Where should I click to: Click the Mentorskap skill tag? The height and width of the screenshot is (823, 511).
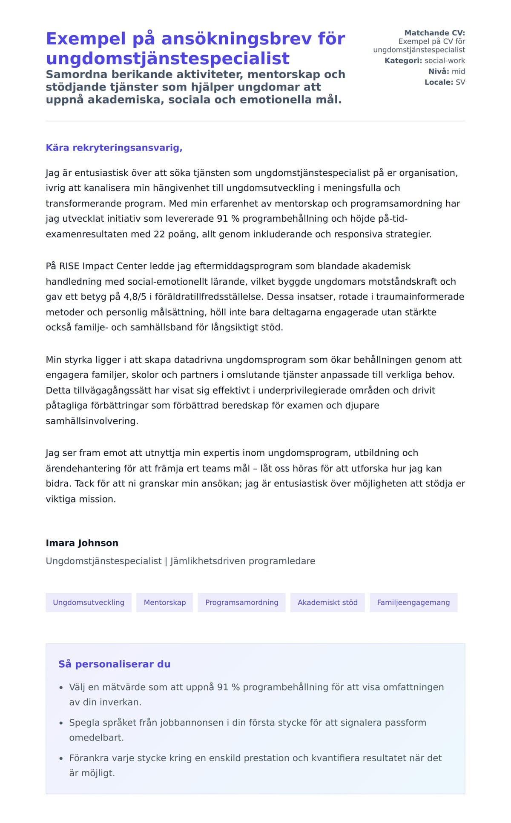pos(164,602)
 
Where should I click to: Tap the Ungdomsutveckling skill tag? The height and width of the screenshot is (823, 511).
pos(89,602)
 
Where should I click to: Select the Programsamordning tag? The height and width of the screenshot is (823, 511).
pos(241,602)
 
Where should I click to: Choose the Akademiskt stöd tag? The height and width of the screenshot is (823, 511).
pos(327,602)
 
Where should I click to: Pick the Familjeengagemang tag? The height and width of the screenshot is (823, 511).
pos(413,602)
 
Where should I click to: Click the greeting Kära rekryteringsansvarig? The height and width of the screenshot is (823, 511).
pos(114,148)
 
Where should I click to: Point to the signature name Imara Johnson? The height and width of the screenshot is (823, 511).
pos(82,543)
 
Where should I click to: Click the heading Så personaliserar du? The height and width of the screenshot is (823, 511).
pos(114,664)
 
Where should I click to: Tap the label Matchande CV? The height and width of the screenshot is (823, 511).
pos(434,33)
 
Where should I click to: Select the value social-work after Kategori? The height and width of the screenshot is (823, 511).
pos(445,60)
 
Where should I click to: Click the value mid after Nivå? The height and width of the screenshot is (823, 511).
pos(458,71)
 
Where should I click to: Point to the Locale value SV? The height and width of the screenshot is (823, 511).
pos(460,82)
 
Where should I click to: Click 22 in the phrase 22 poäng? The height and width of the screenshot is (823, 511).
pos(159,234)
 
